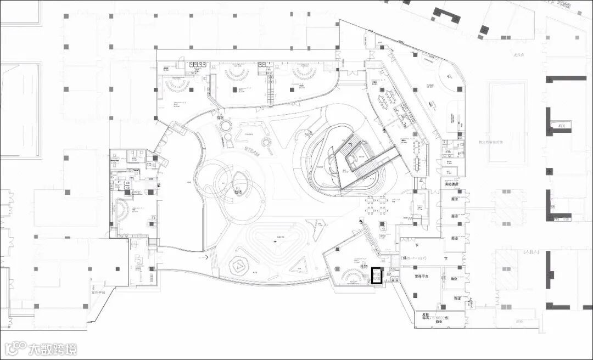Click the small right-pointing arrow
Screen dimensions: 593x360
(x=206, y=256)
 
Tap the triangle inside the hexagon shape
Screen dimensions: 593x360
(x=240, y=267)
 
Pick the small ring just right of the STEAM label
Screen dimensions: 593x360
(x=267, y=143)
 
